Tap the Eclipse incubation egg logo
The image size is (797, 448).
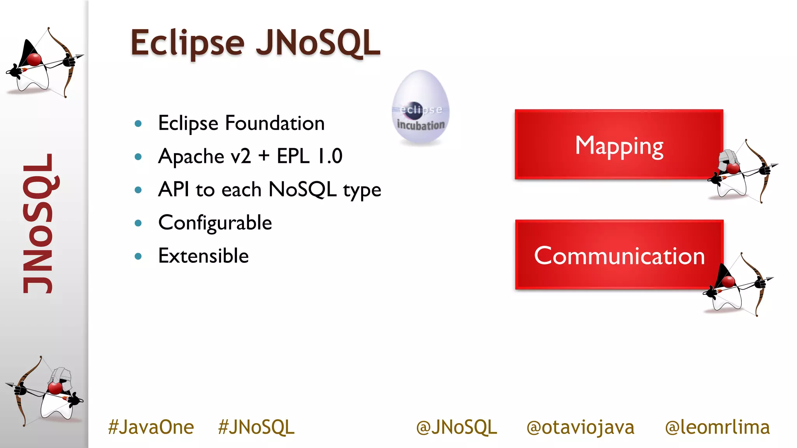pos(420,108)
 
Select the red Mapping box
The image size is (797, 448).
pos(618,145)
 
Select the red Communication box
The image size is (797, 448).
pos(619,255)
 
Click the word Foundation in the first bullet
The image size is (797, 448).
pos(275,123)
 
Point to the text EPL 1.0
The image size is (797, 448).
pos(309,156)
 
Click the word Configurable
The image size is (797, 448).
pos(215,223)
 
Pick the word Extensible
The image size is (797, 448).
pos(203,256)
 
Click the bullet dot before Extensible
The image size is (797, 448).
pos(138,256)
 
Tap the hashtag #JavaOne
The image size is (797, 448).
pos(151,427)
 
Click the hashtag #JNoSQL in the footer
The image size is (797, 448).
pos(256,427)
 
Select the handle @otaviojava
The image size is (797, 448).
pos(580,427)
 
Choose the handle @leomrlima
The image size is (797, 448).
pos(717,427)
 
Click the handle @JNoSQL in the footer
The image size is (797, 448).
pos(456,427)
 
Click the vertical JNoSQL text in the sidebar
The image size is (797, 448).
pos(39,224)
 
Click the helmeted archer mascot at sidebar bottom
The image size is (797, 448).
pos(45,391)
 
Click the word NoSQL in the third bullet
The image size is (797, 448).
pos(302,190)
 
